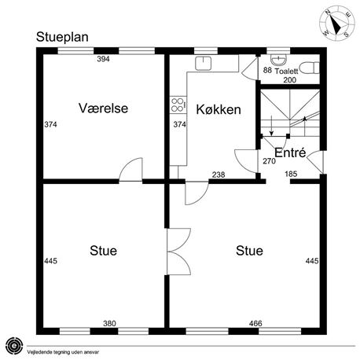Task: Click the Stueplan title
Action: (x=62, y=37)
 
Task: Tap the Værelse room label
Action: (x=103, y=108)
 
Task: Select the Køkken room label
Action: (x=219, y=109)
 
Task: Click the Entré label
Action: (x=290, y=152)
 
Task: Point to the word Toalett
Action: (x=286, y=71)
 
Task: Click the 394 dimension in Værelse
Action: (x=103, y=59)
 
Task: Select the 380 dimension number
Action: (x=109, y=324)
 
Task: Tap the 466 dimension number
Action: (x=255, y=324)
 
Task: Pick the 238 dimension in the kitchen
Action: (x=219, y=174)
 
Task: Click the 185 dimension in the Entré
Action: (x=291, y=174)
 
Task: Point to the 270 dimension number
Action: (x=269, y=161)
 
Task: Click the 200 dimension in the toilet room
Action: (x=290, y=80)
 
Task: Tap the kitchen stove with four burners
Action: (x=178, y=105)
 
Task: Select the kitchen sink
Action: (x=204, y=63)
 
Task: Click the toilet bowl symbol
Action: (x=309, y=68)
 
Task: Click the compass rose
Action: (x=337, y=23)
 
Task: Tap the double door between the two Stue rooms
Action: (x=179, y=252)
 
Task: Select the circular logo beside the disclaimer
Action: (x=14, y=346)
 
